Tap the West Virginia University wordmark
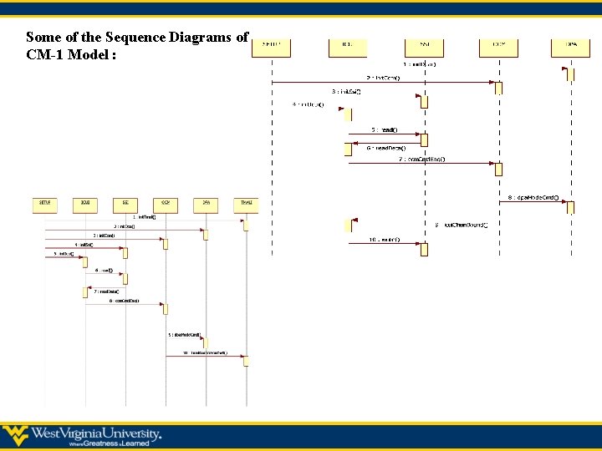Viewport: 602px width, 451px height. (96, 433)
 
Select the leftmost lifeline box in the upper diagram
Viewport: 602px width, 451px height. (272, 47)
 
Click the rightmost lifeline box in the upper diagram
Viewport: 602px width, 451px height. (570, 47)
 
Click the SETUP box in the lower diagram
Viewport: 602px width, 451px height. (45, 203)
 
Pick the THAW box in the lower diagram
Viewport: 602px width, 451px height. (246, 203)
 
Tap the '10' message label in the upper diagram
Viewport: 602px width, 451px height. (385, 240)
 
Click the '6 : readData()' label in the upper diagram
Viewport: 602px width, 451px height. (385, 148)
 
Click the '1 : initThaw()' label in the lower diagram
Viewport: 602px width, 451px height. (144, 217)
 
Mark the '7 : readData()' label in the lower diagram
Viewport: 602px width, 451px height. (106, 291)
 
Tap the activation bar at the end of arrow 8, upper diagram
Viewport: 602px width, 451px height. (571, 207)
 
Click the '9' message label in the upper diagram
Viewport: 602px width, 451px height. (461, 224)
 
